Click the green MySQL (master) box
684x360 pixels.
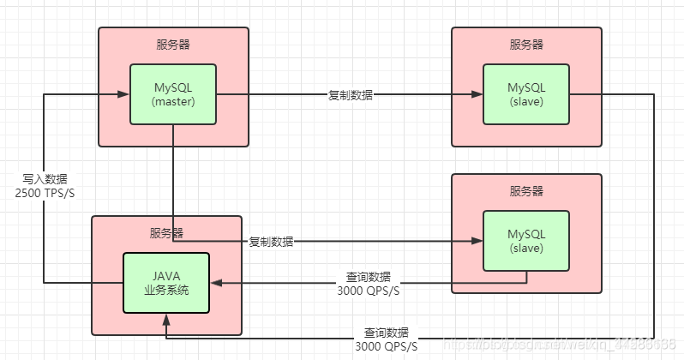pyautogui.click(x=174, y=94)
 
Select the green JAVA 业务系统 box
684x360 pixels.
pyautogui.click(x=165, y=282)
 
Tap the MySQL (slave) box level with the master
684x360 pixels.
pyautogui.click(x=526, y=94)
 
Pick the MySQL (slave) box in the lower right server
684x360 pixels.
pyautogui.click(x=526, y=242)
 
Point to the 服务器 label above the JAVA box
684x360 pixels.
pyautogui.click(x=166, y=233)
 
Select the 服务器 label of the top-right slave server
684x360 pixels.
pyautogui.click(x=526, y=45)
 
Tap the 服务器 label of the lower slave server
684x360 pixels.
pyautogui.click(x=526, y=191)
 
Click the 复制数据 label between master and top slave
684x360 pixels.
pyautogui.click(x=351, y=95)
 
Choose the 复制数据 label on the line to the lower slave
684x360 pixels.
pyautogui.click(x=271, y=242)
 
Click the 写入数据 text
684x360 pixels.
pyautogui.click(x=45, y=179)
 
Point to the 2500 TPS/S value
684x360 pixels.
pyautogui.click(x=45, y=194)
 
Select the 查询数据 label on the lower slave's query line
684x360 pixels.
pyautogui.click(x=369, y=277)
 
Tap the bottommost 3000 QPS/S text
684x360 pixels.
pyautogui.click(x=387, y=346)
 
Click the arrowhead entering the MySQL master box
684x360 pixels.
pyautogui.click(x=125, y=94)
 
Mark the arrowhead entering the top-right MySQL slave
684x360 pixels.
pyautogui.click(x=478, y=94)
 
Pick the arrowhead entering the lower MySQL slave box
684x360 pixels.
pyautogui.click(x=478, y=242)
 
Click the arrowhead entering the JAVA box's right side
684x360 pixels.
pyautogui.click(x=214, y=282)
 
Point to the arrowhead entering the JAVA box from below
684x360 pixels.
pyautogui.click(x=165, y=315)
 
